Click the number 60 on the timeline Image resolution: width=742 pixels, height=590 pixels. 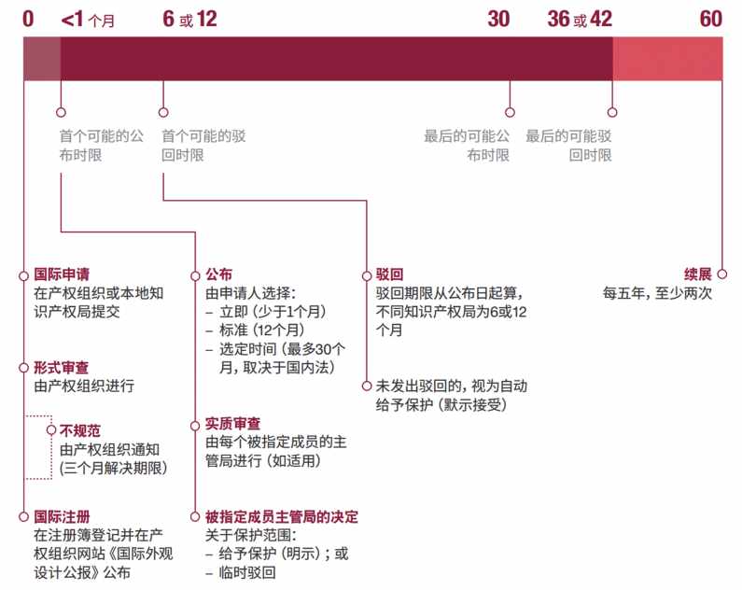point(711,19)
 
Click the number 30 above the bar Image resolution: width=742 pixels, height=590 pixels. point(498,19)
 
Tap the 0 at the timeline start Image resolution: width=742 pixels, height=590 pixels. point(28,19)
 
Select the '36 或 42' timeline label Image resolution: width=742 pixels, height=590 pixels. point(580,19)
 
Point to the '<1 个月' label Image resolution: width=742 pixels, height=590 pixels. point(88,20)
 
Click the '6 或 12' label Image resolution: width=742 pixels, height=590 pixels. point(189,19)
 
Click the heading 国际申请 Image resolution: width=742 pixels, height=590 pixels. point(62,274)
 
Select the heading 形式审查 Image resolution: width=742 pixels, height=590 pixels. point(61,368)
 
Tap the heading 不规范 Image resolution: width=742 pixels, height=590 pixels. point(80,430)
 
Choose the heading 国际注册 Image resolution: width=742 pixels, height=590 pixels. point(62,516)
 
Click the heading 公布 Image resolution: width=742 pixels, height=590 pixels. point(218,274)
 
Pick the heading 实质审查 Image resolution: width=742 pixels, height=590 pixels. point(232,424)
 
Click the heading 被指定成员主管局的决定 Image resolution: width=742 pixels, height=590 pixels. point(282,516)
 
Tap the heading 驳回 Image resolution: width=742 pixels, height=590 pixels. point(389,274)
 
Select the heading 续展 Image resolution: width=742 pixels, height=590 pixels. point(698,274)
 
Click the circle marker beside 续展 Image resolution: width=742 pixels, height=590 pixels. point(722,274)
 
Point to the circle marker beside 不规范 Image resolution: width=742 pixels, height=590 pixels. point(51,430)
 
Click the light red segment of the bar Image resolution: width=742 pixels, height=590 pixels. point(667,59)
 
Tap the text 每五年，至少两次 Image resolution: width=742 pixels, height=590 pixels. point(657,293)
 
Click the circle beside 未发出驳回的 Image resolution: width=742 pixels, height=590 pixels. point(366,386)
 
